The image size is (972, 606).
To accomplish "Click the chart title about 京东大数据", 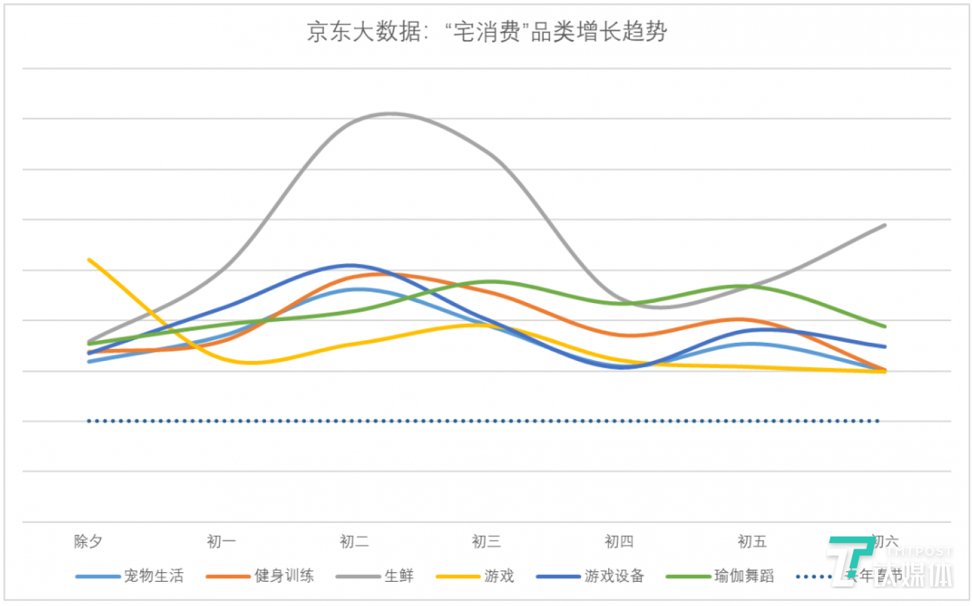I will click(x=486, y=31).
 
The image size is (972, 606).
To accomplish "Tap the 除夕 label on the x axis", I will click(x=88, y=541).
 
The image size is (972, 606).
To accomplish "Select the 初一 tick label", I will click(x=221, y=541).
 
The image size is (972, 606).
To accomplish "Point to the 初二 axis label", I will click(x=354, y=541).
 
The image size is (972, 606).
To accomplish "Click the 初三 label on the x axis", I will click(x=486, y=541).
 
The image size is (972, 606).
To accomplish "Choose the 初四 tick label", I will click(x=619, y=541).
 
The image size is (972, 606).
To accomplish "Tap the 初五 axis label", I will click(x=752, y=541).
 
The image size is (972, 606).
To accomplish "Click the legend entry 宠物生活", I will click(x=153, y=576).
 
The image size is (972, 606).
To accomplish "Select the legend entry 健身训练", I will click(x=283, y=576).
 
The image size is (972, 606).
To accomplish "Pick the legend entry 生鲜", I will click(x=398, y=576).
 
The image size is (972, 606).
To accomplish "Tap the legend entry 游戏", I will click(x=499, y=576).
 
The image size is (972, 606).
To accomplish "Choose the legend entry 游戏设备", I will click(x=614, y=576).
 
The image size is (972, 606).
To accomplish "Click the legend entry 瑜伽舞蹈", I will click(x=744, y=576).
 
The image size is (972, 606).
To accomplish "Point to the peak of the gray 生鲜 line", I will click(x=390, y=113).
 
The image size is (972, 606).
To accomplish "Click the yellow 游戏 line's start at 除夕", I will click(x=89, y=260).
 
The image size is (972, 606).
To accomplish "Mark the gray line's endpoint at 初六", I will click(x=884, y=225).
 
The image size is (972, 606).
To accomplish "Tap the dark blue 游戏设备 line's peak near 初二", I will click(x=351, y=265).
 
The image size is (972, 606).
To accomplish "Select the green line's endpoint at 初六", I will click(x=884, y=327).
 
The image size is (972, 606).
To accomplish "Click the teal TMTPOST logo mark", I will click(x=849, y=557).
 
